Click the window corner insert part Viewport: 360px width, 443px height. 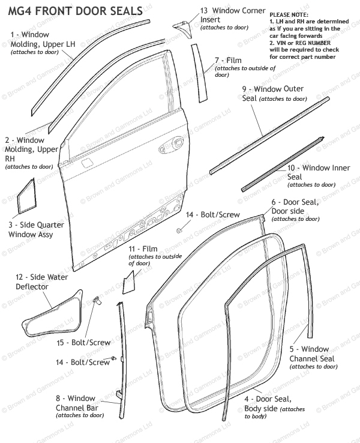(x=181, y=25)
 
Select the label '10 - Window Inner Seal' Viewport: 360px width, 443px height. (x=310, y=173)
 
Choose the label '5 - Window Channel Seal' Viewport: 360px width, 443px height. (x=309, y=354)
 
